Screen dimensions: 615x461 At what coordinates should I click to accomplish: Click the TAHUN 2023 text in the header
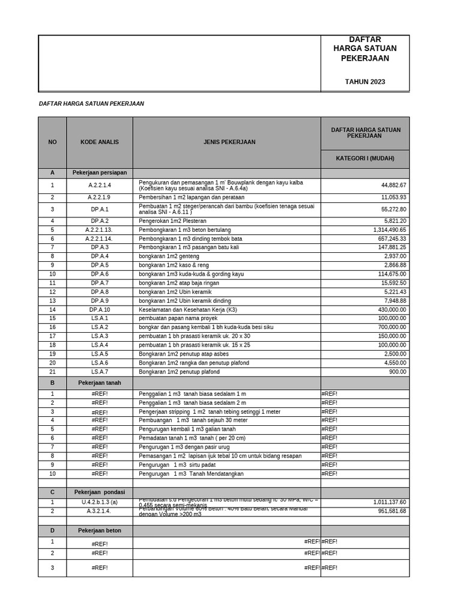click(365, 82)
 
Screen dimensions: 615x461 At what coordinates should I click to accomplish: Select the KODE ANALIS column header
click(100, 142)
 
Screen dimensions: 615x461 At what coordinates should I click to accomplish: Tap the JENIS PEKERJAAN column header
click(226, 142)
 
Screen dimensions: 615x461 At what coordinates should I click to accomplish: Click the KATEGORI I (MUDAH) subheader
click(365, 159)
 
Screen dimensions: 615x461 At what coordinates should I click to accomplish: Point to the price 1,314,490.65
click(385, 230)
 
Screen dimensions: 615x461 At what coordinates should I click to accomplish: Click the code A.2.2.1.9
click(100, 198)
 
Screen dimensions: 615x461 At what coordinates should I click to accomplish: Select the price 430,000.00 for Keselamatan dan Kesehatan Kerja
click(389, 310)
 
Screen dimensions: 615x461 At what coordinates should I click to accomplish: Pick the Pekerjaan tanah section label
click(100, 383)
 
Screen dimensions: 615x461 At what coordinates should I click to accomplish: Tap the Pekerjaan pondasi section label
click(100, 492)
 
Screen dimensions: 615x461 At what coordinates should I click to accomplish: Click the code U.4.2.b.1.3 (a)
click(100, 502)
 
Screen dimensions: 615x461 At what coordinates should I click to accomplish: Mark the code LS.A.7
click(100, 372)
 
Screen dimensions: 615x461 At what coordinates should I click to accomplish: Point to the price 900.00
click(397, 372)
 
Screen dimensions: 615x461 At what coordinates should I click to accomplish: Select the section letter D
click(52, 531)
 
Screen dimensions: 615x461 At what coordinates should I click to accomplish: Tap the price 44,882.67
click(389, 186)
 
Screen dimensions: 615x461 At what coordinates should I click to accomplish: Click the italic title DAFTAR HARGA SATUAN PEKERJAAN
click(91, 104)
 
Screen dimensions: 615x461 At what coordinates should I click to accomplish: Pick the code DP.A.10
click(100, 310)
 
